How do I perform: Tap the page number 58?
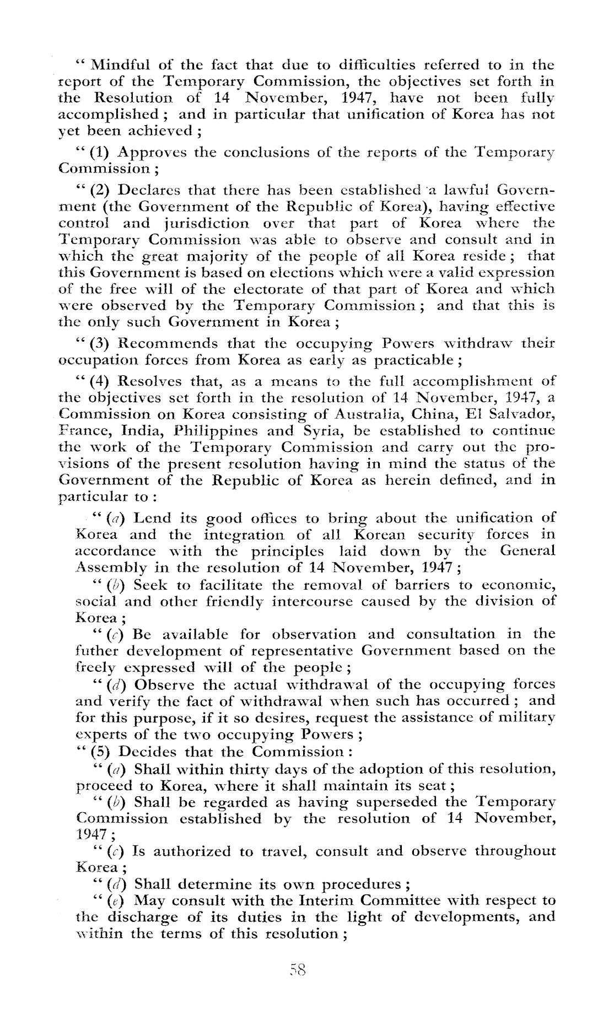(297, 969)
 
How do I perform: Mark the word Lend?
(152, 519)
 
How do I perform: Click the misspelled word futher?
(96, 651)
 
